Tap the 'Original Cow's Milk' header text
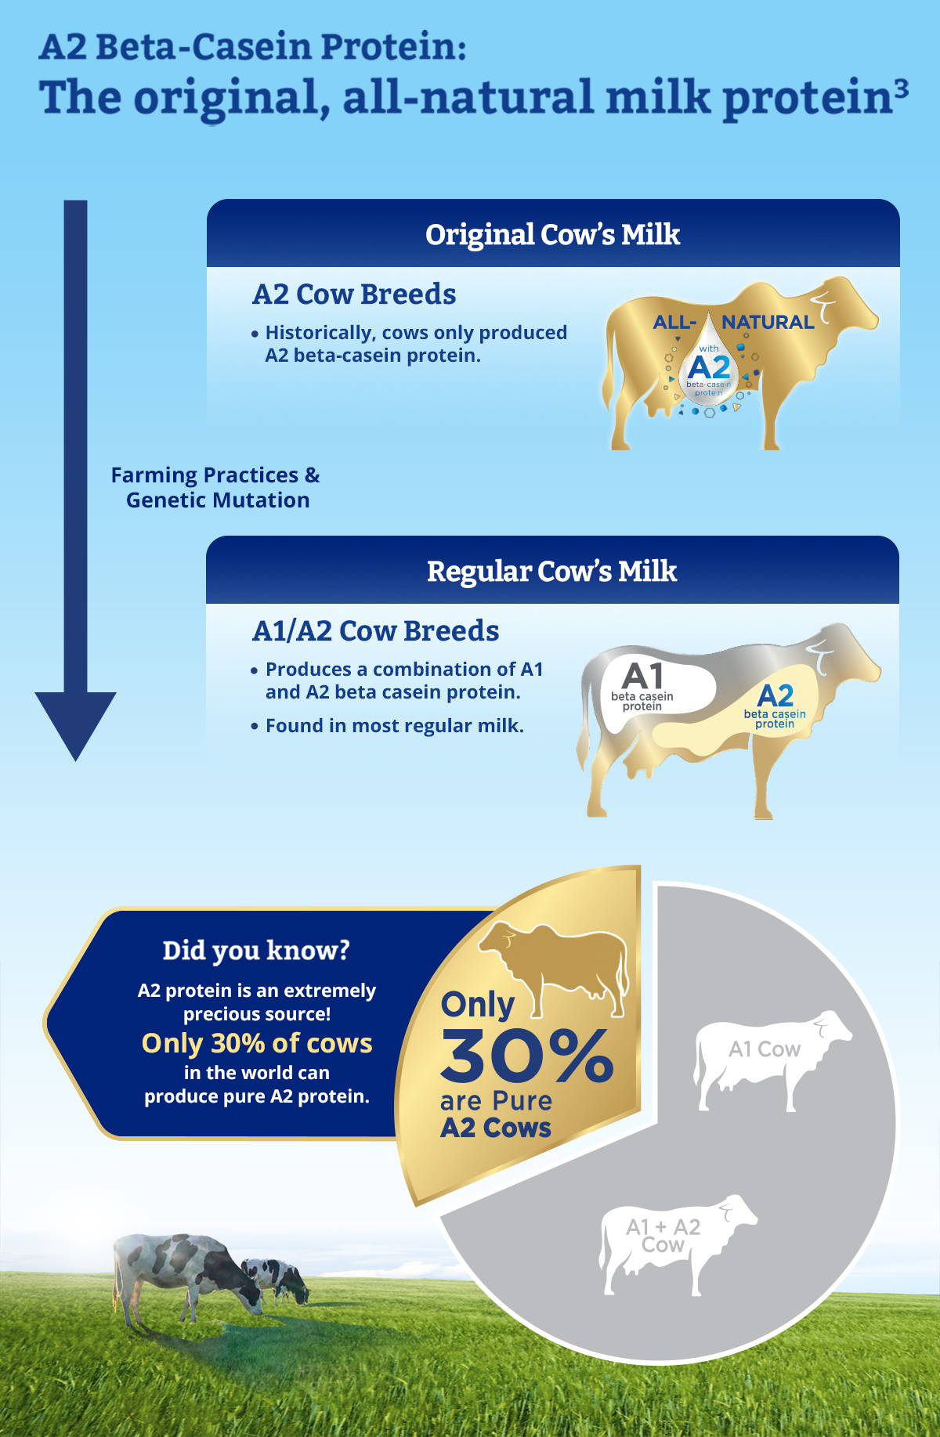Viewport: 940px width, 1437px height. click(x=552, y=234)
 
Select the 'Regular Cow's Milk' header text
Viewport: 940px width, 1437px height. click(x=551, y=571)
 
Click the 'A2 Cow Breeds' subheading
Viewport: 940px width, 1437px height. click(x=354, y=294)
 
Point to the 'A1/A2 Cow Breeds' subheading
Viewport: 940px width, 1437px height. click(x=375, y=631)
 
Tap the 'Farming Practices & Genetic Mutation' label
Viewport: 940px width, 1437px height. click(x=215, y=487)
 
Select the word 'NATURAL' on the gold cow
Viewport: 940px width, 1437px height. click(x=768, y=322)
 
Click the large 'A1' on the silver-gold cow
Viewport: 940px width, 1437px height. click(x=642, y=676)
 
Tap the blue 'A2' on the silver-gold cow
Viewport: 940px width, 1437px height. click(x=775, y=695)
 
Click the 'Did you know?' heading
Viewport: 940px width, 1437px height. click(x=256, y=951)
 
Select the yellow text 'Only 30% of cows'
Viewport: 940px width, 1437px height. click(x=257, y=1043)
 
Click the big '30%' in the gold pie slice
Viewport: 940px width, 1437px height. click(x=526, y=1054)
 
